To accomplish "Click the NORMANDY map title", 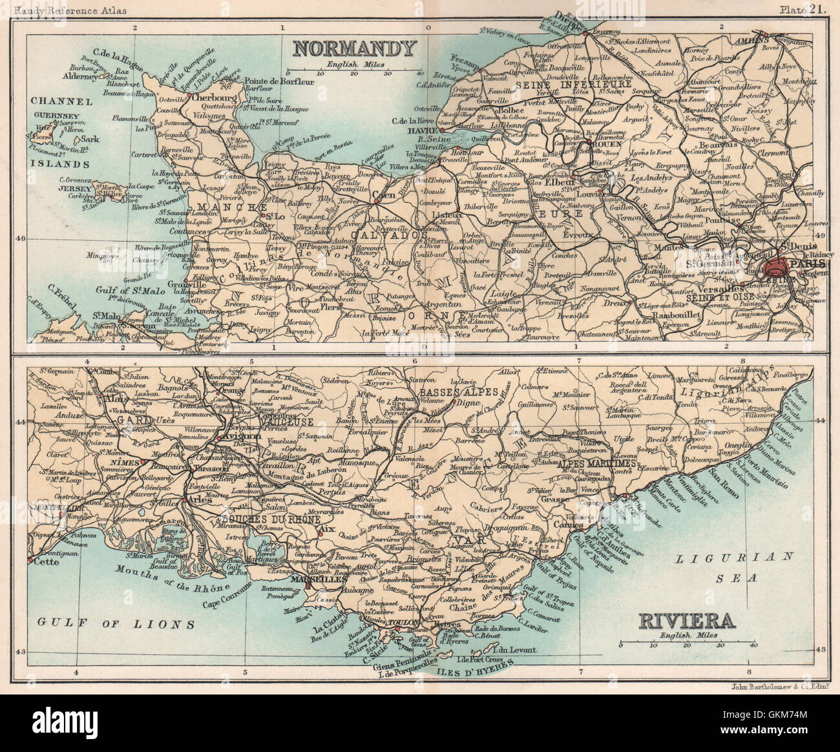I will [x=353, y=48].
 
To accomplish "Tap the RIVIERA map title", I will [x=686, y=621].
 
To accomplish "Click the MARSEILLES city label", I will [x=318, y=580].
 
